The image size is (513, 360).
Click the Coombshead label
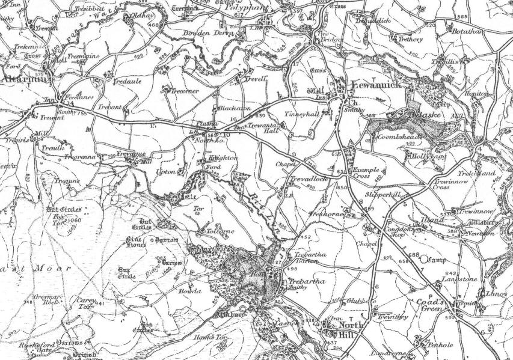click(x=401, y=138)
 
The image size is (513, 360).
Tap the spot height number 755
click(x=82, y=112)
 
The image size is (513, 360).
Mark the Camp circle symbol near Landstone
click(x=428, y=261)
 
